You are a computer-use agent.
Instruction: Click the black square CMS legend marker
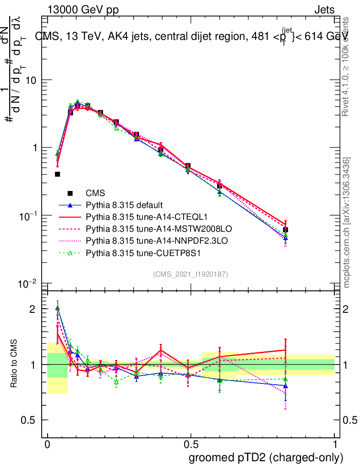tap(71, 193)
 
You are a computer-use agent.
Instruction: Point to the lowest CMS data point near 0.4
tap(57, 174)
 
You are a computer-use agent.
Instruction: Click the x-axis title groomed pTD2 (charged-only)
tap(265, 457)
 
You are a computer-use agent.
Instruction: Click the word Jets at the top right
tap(324, 10)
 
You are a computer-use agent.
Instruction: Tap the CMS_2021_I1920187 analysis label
tap(191, 274)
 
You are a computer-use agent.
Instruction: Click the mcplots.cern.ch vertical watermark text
tap(347, 223)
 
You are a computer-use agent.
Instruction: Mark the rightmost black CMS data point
tap(285, 229)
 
